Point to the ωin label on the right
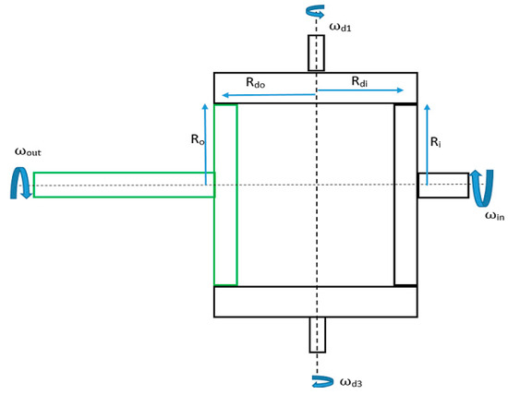pos(495,216)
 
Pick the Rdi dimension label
pos(362,82)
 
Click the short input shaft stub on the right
pos(442,185)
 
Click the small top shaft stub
pos(316,53)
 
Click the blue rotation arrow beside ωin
pos(478,186)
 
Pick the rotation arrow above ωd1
pos(316,12)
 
